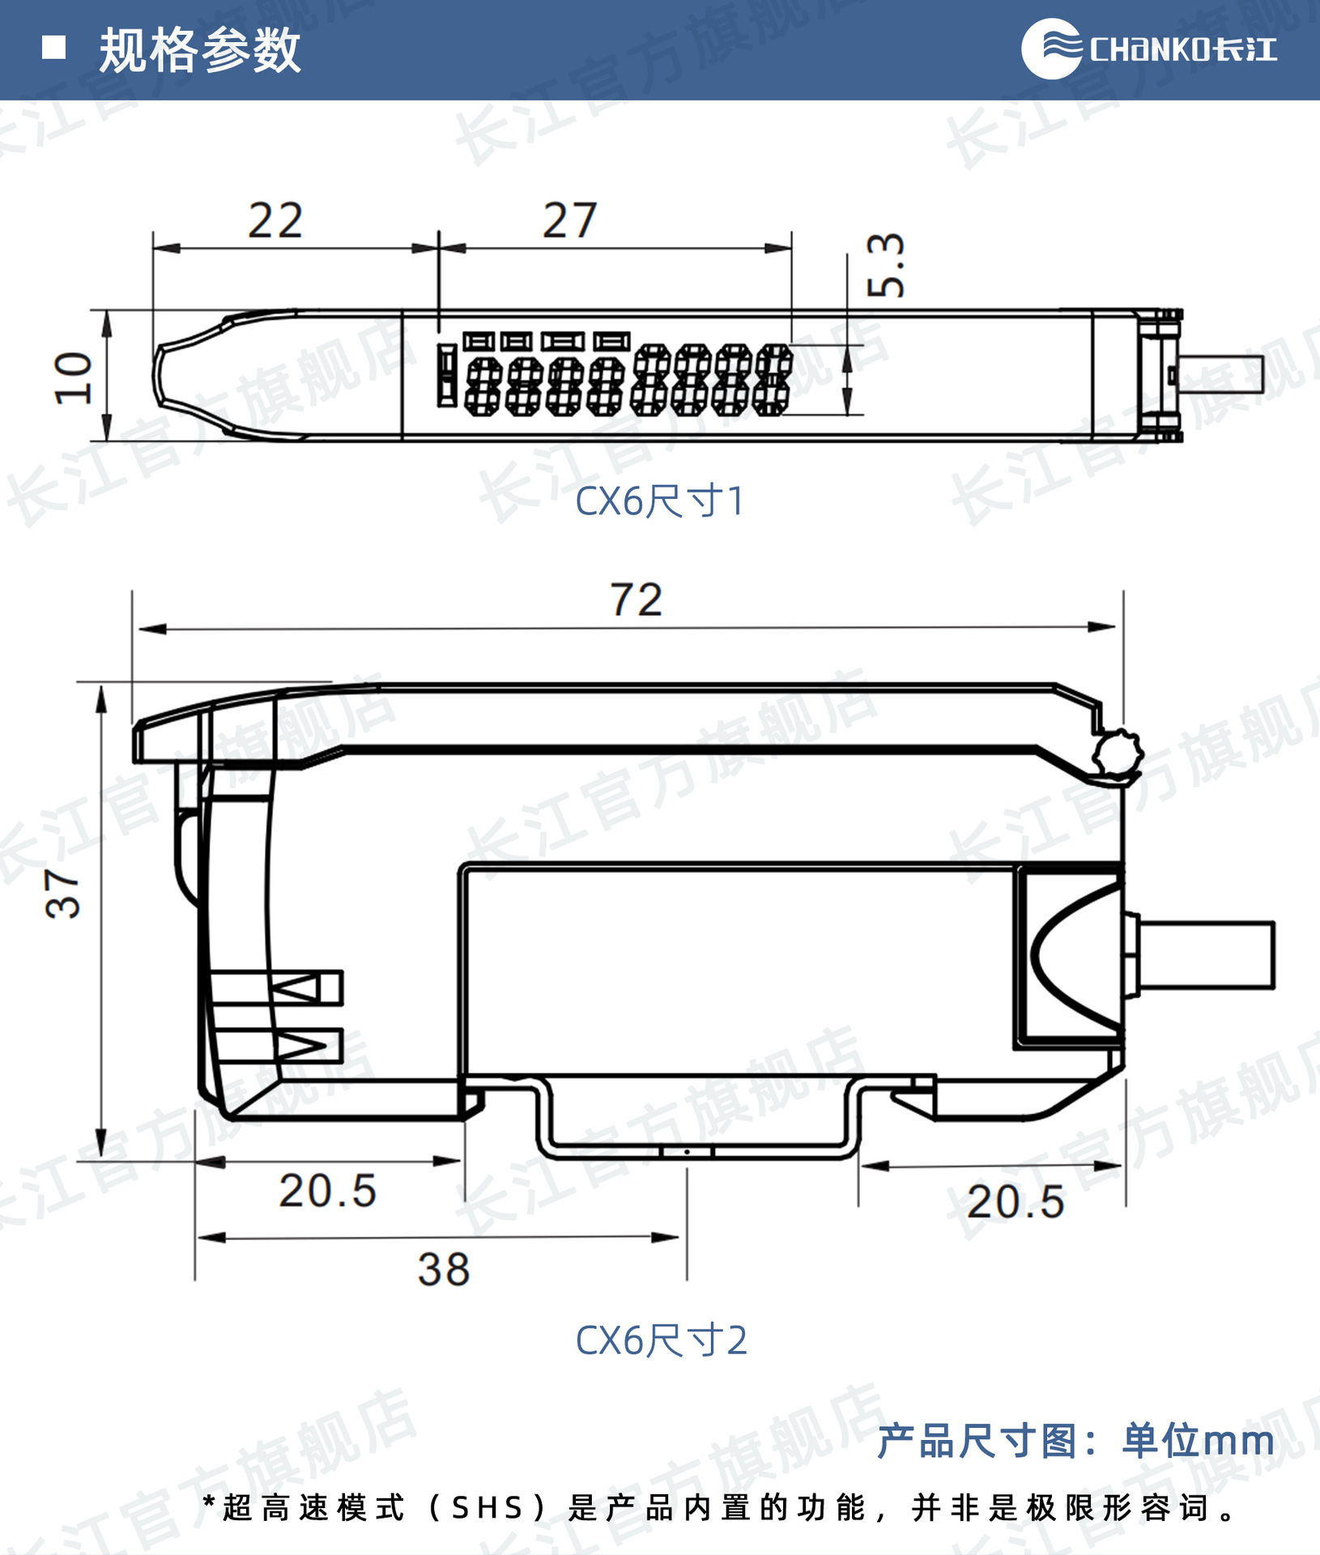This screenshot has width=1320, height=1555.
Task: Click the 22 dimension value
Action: click(x=275, y=220)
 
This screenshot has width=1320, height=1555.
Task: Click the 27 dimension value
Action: click(x=569, y=220)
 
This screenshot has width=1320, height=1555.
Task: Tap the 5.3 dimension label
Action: click(x=885, y=265)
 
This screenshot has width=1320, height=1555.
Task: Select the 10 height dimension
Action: click(x=74, y=377)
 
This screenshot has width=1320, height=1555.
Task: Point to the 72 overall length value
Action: click(x=636, y=600)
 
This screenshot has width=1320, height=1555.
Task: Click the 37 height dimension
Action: click(x=62, y=893)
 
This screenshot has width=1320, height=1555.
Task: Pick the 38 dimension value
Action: click(x=444, y=1269)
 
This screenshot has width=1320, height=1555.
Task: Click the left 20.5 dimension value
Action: click(x=328, y=1191)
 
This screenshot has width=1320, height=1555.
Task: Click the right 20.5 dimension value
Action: click(x=1016, y=1201)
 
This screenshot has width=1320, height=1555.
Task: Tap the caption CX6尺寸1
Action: click(x=659, y=501)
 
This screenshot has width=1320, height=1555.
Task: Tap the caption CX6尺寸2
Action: click(x=661, y=1340)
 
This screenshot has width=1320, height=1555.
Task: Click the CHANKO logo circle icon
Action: click(x=1050, y=49)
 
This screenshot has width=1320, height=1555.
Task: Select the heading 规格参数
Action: click(x=199, y=50)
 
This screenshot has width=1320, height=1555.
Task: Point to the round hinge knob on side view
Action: click(x=1118, y=754)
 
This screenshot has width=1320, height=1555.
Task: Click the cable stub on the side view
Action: click(x=1207, y=956)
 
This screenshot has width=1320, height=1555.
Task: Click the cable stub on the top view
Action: click(x=1221, y=375)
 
